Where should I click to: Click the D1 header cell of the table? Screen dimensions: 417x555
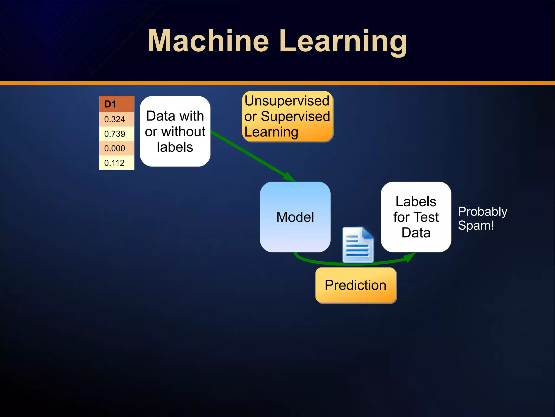[x=117, y=104]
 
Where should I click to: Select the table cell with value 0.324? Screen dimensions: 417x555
[x=117, y=119]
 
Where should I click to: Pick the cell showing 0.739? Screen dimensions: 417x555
[x=117, y=134]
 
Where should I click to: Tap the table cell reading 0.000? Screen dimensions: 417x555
[x=117, y=148]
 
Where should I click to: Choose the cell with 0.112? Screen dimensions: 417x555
[x=117, y=163]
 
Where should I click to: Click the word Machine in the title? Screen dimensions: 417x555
[x=208, y=41]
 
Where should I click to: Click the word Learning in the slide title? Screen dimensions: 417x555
[x=343, y=41]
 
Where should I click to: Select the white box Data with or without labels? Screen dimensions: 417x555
[x=175, y=131]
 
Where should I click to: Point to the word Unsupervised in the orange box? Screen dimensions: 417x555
[x=287, y=101]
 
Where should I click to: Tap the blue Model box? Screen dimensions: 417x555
[x=295, y=217]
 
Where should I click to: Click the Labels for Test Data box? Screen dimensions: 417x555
[x=416, y=217]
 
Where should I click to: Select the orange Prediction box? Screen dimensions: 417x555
[x=356, y=285]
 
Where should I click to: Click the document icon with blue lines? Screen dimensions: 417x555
[x=358, y=245]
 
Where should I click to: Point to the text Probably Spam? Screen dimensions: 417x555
[x=482, y=218]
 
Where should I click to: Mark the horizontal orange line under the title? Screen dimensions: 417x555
[x=277, y=83]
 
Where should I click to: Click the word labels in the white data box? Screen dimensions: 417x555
[x=175, y=147]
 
